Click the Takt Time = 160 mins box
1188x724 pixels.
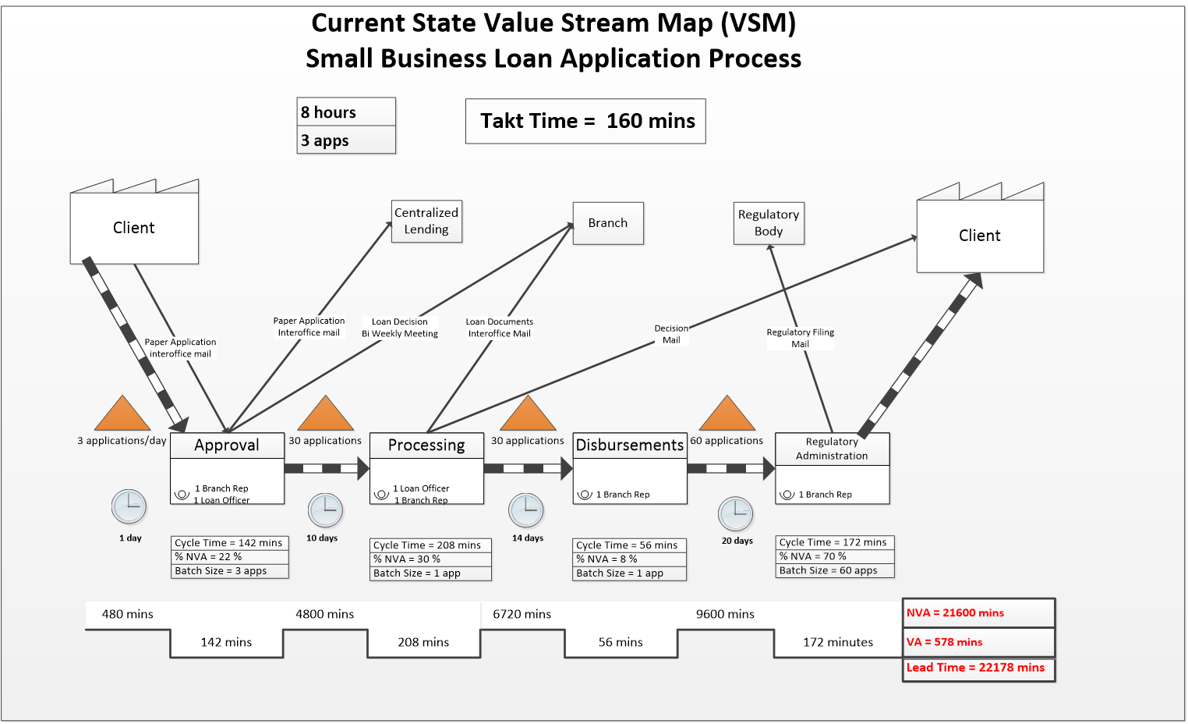click(585, 121)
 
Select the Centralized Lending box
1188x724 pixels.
click(426, 221)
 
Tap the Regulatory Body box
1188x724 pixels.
click(769, 223)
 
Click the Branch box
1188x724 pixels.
click(608, 223)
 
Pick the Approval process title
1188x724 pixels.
click(227, 445)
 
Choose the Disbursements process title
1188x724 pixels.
click(630, 445)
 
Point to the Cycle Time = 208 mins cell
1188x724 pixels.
click(430, 545)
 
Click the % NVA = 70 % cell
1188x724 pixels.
click(835, 556)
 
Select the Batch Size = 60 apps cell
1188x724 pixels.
click(835, 570)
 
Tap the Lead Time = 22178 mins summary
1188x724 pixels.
click(978, 669)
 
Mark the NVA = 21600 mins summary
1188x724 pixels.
click(978, 613)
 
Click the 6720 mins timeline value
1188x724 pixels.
click(522, 614)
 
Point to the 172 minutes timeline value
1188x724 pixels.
click(838, 642)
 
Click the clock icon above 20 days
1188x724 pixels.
click(736, 514)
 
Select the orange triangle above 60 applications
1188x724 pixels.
click(727, 414)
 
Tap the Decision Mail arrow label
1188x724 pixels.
click(671, 334)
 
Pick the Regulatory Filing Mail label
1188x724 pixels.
click(801, 338)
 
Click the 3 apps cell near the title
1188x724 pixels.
click(346, 140)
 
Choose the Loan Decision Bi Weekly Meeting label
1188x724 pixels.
click(400, 328)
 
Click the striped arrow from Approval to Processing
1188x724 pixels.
click(326, 469)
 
